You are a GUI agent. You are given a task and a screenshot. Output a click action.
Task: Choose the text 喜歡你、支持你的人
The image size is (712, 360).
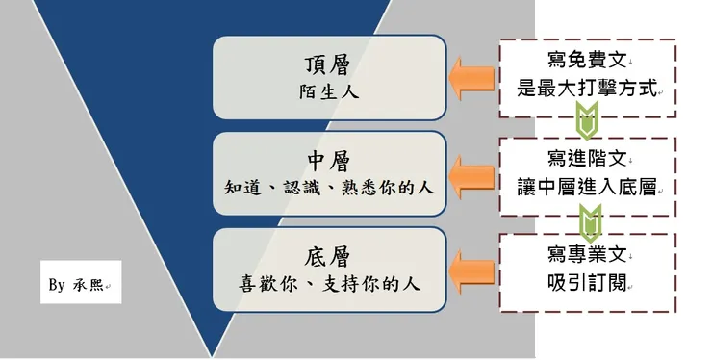click(329, 285)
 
